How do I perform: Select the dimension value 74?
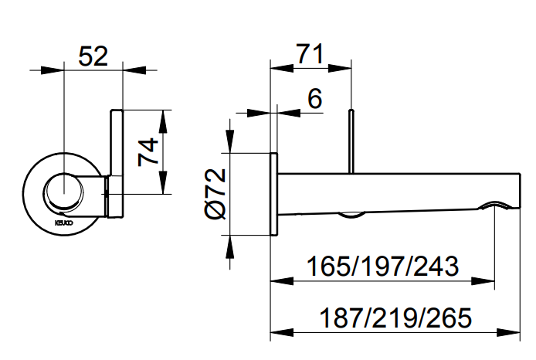click(x=146, y=151)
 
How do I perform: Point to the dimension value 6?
click(x=314, y=98)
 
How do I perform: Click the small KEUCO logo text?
click(x=63, y=222)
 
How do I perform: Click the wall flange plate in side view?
click(x=273, y=194)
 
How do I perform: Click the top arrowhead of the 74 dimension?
click(x=162, y=116)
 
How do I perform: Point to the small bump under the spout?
click(x=352, y=213)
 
